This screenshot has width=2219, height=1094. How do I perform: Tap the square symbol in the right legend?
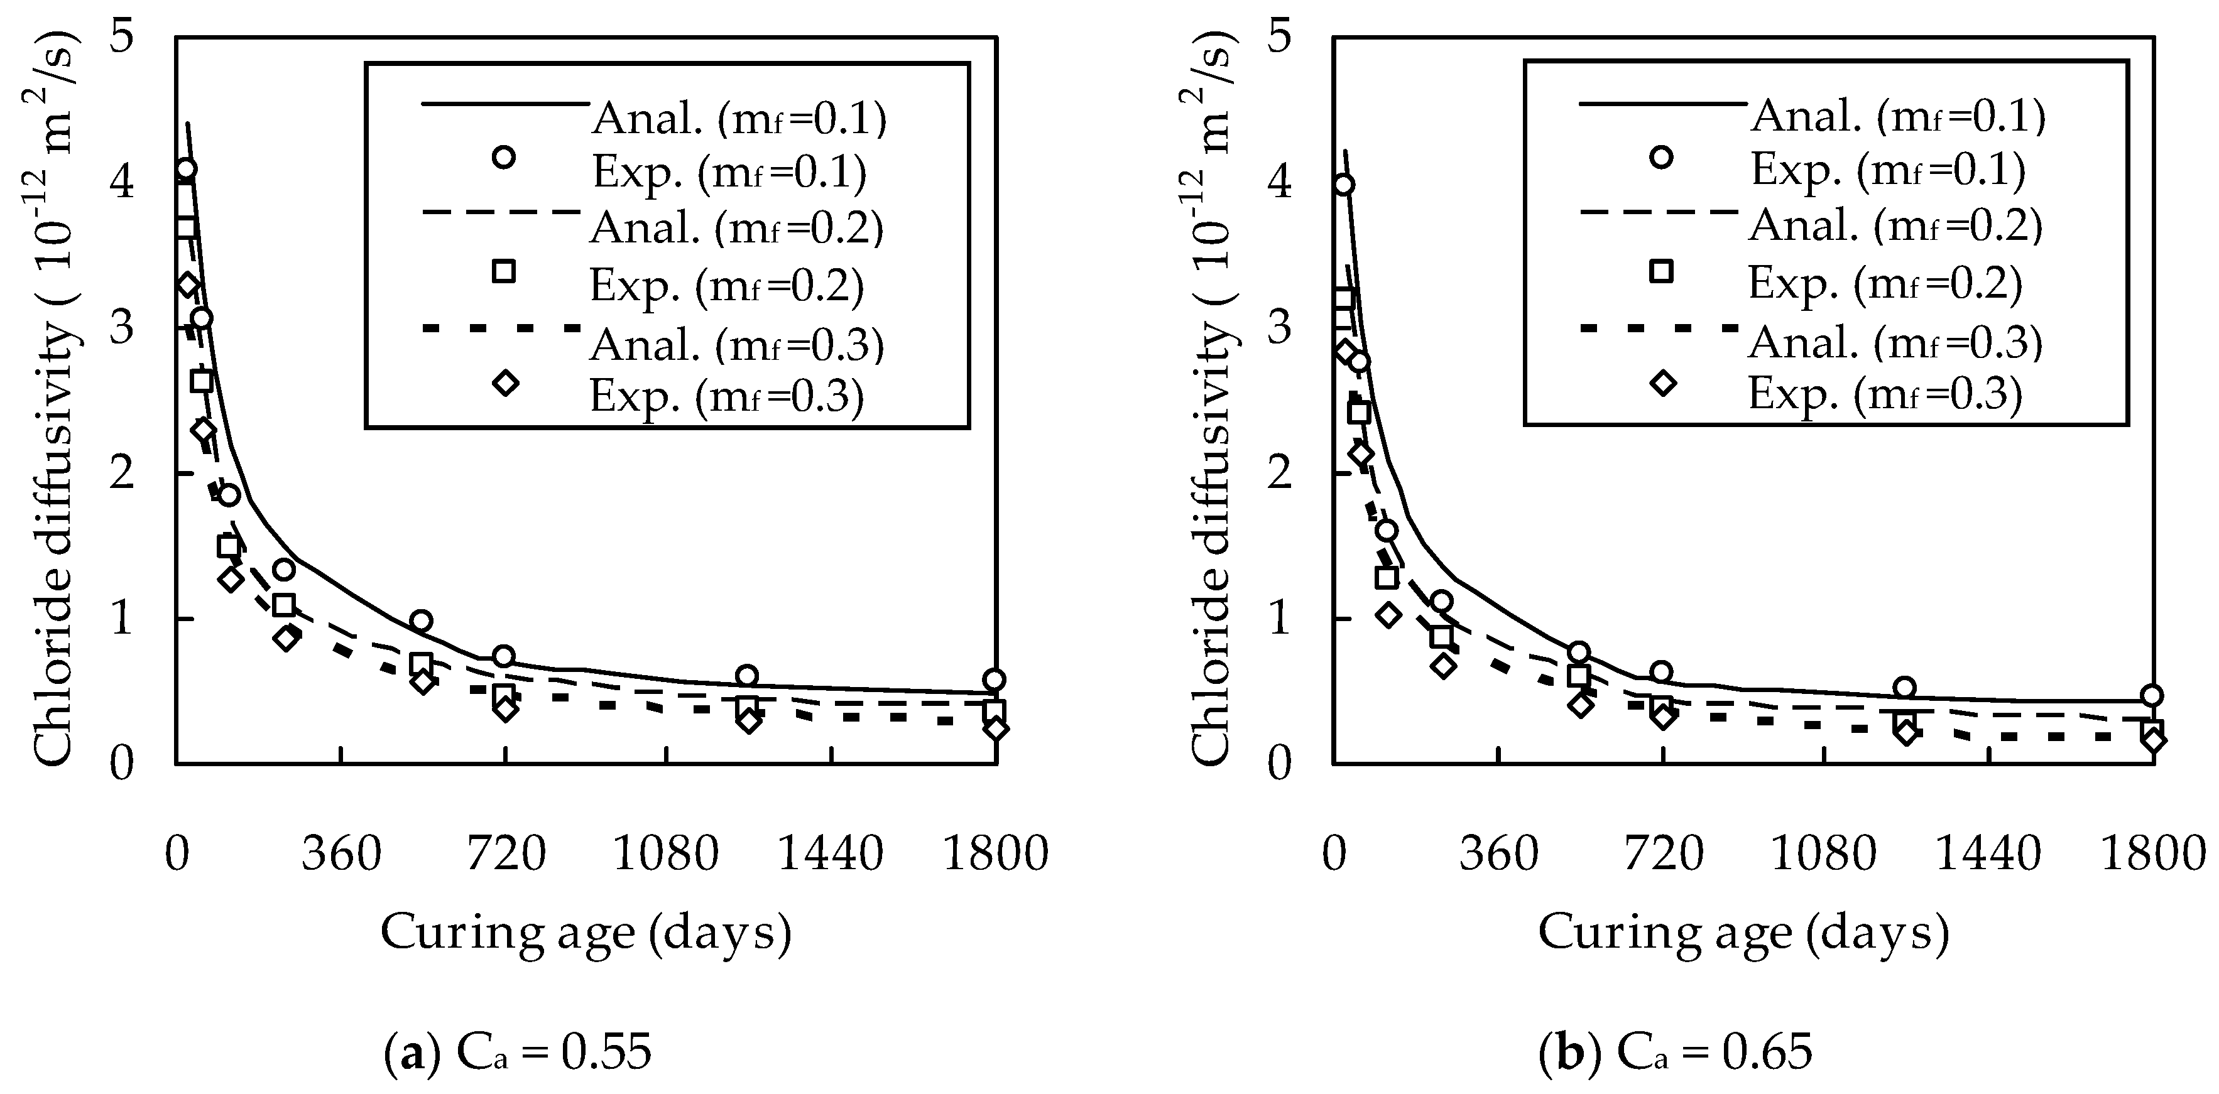1662,271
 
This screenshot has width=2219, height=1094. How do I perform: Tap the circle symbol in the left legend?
504,157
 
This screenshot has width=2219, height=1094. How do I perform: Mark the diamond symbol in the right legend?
1662,383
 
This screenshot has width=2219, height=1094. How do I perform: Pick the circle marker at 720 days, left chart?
504,656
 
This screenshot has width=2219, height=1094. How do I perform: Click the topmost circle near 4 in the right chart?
1343,185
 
